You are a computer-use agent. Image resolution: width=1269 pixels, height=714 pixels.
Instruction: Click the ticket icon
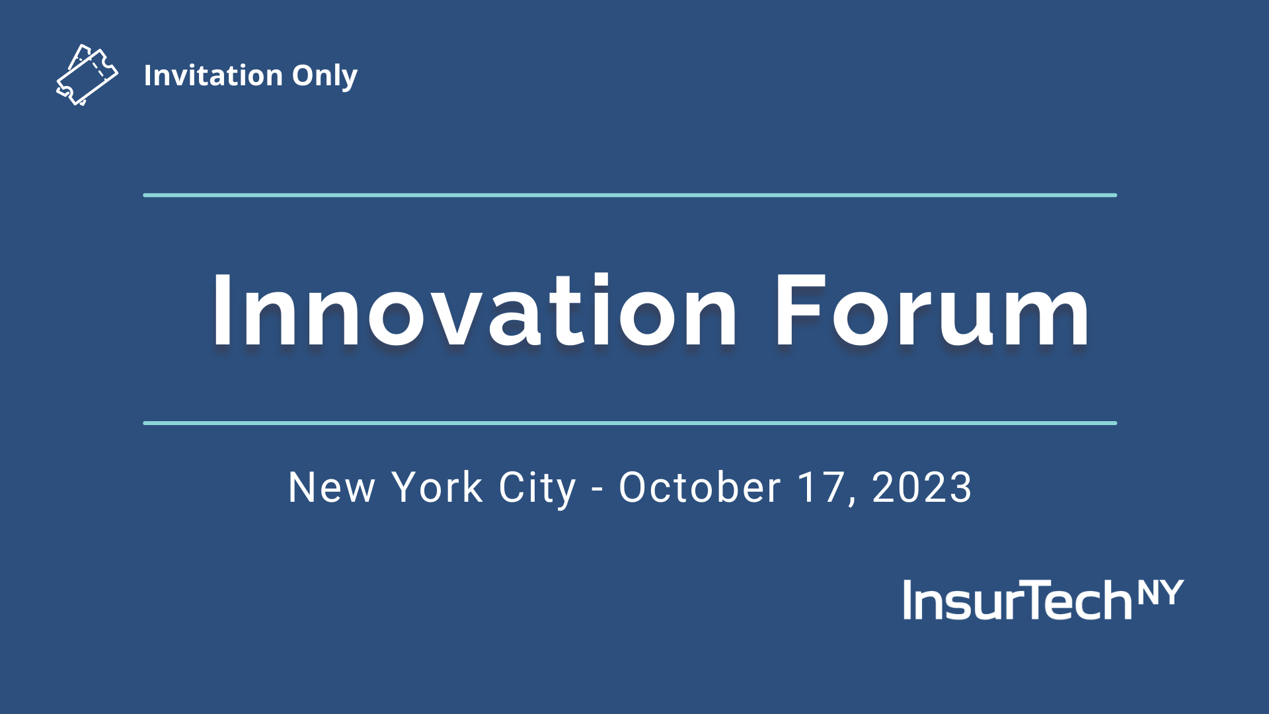coord(87,75)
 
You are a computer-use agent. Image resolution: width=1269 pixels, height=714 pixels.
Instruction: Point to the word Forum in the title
coord(932,310)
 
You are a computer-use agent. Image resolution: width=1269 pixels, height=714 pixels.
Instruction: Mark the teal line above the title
coord(630,195)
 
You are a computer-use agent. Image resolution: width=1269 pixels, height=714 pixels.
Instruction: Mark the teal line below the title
coord(630,423)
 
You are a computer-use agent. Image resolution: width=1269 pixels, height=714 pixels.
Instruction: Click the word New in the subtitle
coord(332,488)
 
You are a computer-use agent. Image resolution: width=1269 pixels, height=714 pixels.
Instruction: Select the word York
coord(437,488)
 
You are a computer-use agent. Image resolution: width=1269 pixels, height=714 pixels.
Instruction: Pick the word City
coord(537,489)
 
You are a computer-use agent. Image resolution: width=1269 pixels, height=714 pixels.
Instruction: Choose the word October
coord(700,488)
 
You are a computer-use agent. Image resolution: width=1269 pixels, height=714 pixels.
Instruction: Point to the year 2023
coord(922,488)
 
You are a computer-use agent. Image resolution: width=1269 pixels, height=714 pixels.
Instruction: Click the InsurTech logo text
coord(1018,600)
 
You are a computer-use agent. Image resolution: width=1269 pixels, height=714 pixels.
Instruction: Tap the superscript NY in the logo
coord(1161,592)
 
